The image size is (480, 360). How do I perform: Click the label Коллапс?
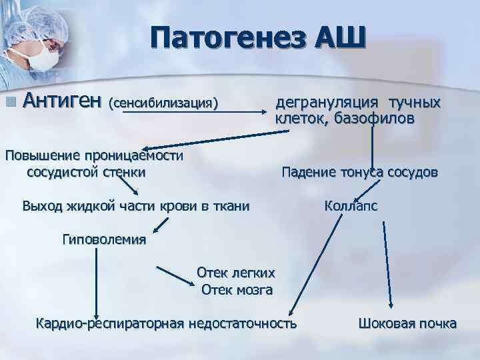point(351,206)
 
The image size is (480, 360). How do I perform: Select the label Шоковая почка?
point(407,324)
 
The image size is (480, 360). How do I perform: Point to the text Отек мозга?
point(237,289)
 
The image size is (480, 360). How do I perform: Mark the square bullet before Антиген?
point(9,102)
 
